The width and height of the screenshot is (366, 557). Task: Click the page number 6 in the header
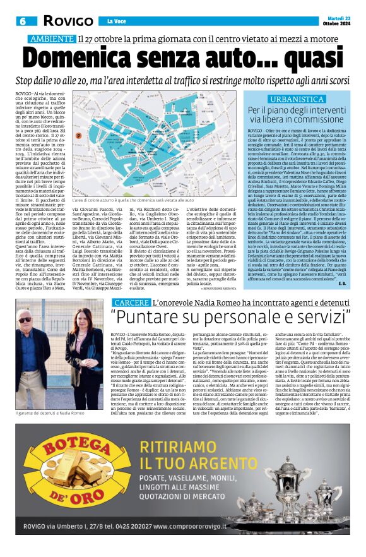(22, 21)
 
